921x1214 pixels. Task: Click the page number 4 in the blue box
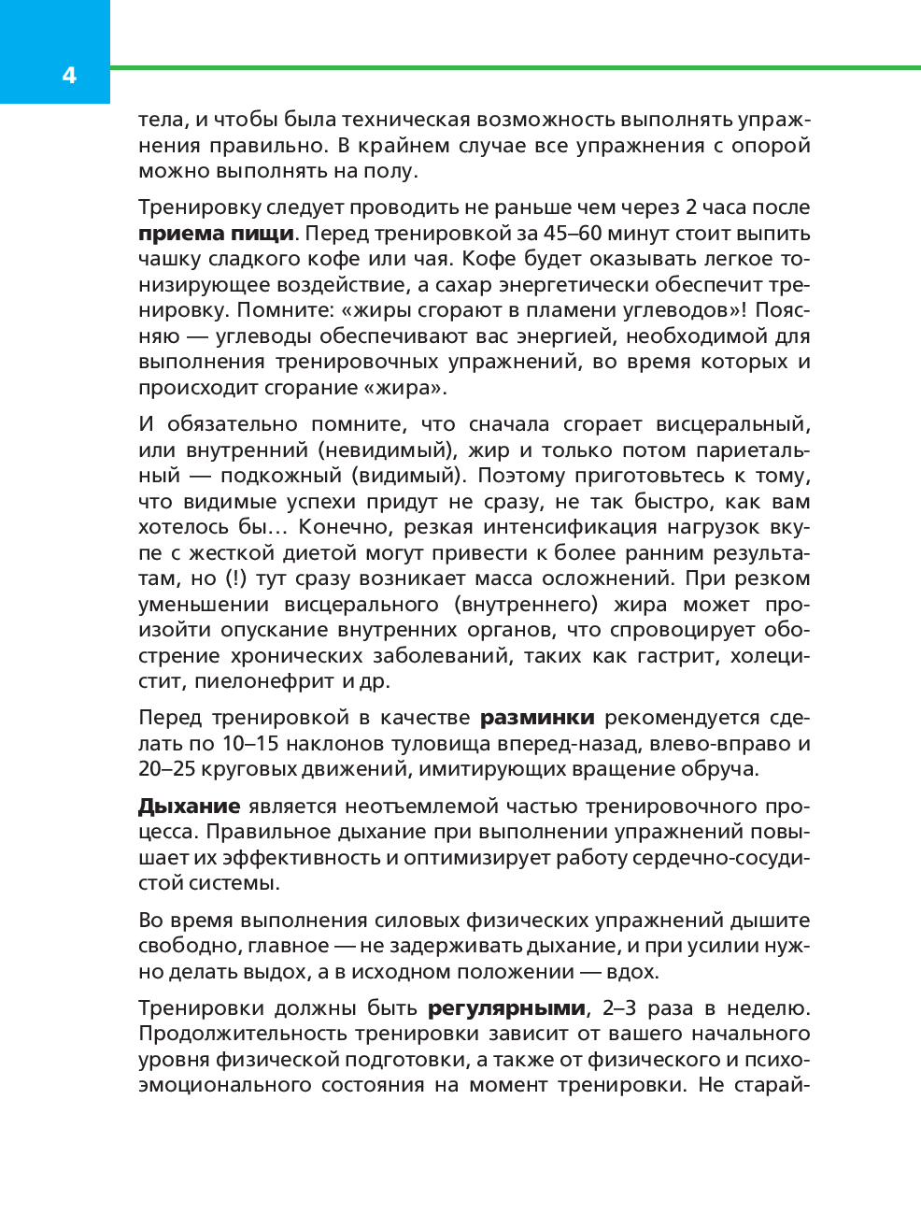[69, 76]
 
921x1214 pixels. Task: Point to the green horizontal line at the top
[514, 67]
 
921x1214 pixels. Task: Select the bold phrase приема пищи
[216, 234]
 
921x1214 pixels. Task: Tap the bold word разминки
[537, 718]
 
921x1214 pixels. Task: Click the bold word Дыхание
[190, 807]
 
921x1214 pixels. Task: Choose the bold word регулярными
[507, 1008]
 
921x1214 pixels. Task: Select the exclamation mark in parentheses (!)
[235, 578]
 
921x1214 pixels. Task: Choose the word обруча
[719, 769]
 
